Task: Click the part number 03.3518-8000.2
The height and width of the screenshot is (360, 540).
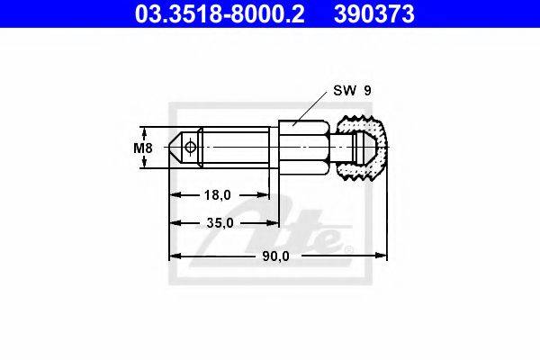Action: (220, 13)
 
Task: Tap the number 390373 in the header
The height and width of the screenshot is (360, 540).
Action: (374, 13)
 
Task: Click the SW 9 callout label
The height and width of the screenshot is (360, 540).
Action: (352, 91)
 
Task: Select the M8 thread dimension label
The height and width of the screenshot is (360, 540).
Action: (143, 148)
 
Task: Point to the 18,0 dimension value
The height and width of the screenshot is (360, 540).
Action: (218, 195)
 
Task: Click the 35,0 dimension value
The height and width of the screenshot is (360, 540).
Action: (220, 223)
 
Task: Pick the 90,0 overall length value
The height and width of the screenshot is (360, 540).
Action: (276, 256)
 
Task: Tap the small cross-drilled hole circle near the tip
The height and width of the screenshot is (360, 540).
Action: (190, 148)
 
